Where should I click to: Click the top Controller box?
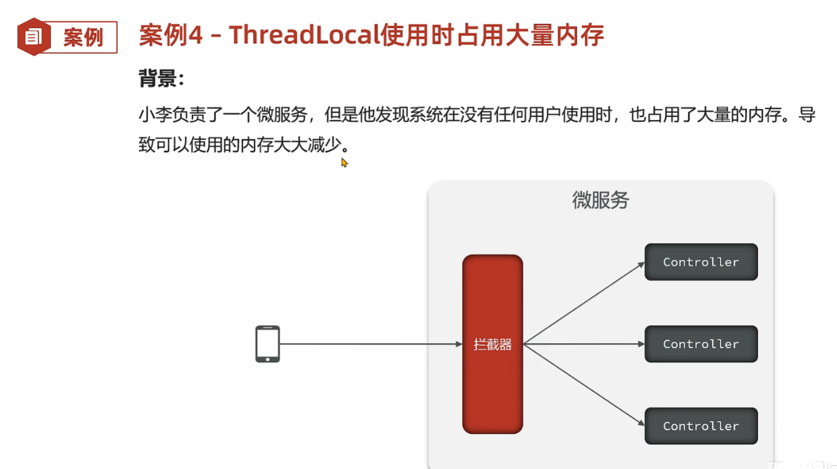point(701,262)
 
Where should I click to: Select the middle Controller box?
point(701,344)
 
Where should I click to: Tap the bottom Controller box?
point(701,426)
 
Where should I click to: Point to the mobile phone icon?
point(268,344)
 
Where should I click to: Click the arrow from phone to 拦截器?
point(368,344)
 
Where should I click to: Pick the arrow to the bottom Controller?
point(583,385)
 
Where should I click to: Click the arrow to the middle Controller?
point(583,344)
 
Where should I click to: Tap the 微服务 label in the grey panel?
point(600,201)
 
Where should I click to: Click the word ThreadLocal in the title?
point(304,36)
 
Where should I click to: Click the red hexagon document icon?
point(34,37)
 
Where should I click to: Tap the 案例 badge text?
point(83,37)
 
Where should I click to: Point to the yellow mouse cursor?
point(344,163)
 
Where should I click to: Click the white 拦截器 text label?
point(492,344)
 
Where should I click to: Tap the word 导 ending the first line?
point(807,115)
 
